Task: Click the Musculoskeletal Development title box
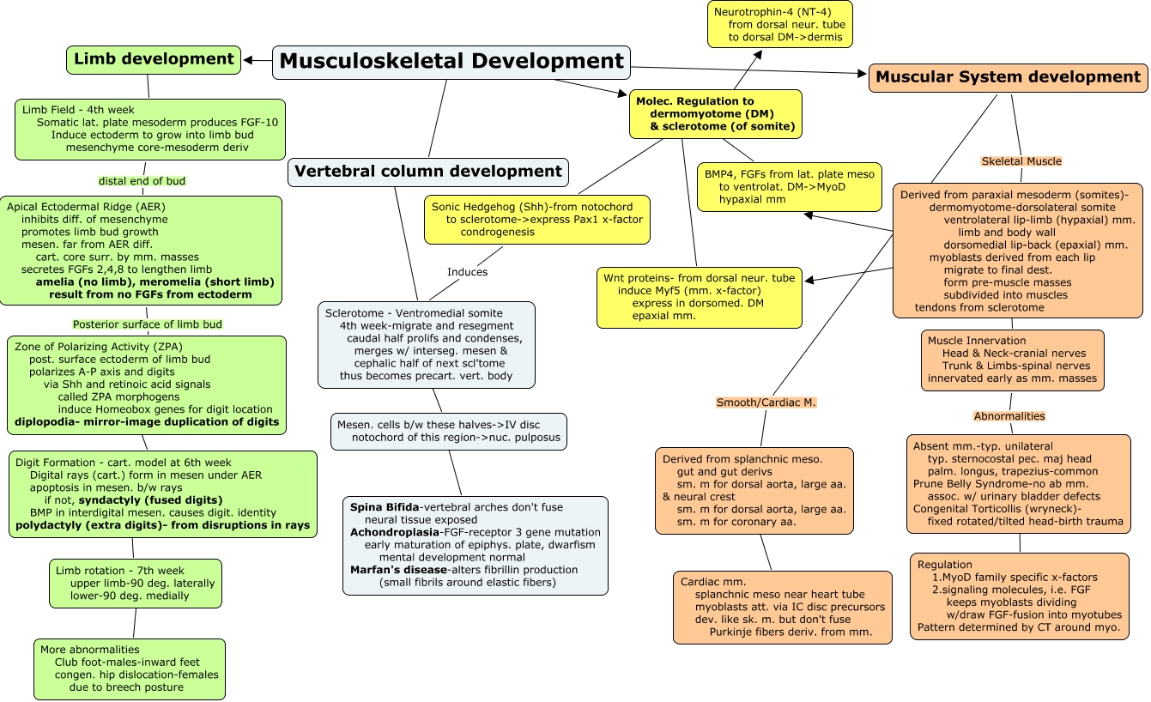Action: [x=451, y=62]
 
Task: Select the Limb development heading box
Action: [x=154, y=59]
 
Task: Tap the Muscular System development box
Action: [x=1008, y=77]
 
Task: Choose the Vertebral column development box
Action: [x=428, y=172]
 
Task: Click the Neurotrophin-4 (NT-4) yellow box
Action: [x=779, y=24]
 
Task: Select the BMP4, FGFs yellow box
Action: [x=789, y=187]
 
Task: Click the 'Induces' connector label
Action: [x=467, y=272]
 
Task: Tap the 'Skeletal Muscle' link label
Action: [x=1021, y=161]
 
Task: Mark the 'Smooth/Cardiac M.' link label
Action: [x=766, y=402]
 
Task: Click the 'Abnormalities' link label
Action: [x=1009, y=416]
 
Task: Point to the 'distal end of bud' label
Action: [x=141, y=181]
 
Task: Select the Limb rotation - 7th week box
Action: [x=135, y=584]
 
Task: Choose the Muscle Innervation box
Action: [x=1012, y=360]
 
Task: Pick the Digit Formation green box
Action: [x=163, y=493]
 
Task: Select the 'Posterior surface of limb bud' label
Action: [x=148, y=324]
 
